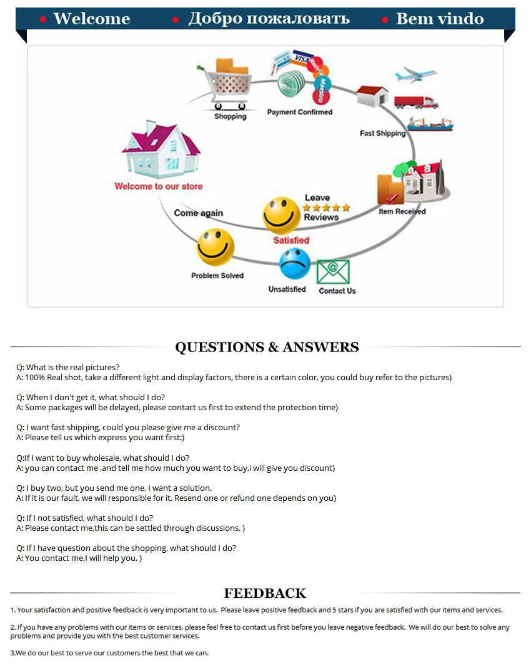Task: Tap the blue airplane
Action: coord(415,75)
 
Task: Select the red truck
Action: coord(415,103)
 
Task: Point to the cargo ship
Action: coord(430,124)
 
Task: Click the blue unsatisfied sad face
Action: coord(295,264)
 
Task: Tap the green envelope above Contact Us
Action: coord(333,272)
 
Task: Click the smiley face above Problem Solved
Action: coord(215,247)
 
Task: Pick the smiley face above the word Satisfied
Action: coord(281,215)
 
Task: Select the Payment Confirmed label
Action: coord(300,112)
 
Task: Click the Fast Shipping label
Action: coord(382,133)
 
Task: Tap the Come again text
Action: coord(198,213)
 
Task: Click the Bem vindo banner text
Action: coord(440,19)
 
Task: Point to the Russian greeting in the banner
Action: coord(269,19)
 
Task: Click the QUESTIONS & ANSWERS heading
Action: coord(267,347)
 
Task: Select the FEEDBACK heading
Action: coord(265,593)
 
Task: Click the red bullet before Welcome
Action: coord(43,19)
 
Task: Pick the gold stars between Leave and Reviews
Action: coord(327,208)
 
